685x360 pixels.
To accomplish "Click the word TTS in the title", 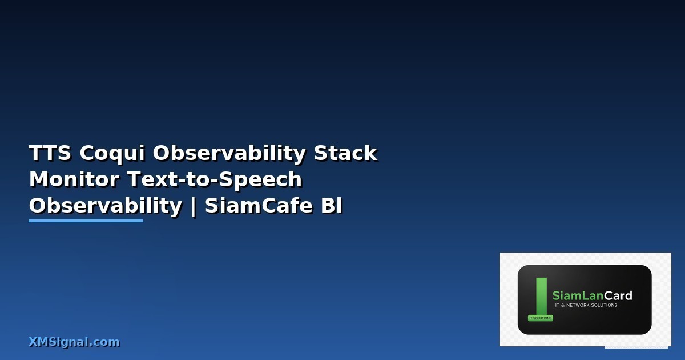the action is point(50,153).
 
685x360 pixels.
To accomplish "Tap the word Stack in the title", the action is point(345,153).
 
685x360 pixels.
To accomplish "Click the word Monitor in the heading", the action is point(74,179).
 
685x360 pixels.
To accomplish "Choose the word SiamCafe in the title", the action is point(259,205).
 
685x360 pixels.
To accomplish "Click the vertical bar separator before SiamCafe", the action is point(194,207).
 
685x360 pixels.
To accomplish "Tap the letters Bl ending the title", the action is point(332,205).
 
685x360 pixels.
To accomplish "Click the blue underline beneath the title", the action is point(86,221).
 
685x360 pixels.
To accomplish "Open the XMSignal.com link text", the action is point(74,342).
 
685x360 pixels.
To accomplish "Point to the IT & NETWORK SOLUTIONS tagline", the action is point(586,305).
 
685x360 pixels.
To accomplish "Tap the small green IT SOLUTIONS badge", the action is point(541,318).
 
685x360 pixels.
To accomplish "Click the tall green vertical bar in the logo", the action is point(542,296).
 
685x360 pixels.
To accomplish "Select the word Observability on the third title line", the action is point(106,206).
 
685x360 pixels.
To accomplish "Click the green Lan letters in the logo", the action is point(593,296).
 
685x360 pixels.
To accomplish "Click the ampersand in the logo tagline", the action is point(563,305).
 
